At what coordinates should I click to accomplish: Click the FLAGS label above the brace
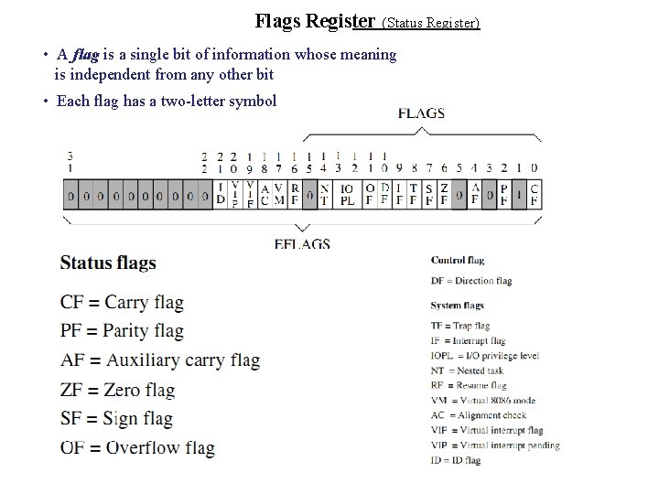[421, 113]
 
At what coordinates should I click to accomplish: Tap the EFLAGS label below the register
[301, 244]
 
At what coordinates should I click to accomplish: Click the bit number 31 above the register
[70, 162]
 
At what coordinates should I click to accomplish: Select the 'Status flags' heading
[108, 263]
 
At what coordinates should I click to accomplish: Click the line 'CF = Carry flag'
[122, 302]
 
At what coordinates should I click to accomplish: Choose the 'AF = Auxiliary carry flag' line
[160, 360]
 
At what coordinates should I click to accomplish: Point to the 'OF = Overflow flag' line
[137, 447]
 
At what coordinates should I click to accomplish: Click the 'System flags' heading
[457, 305]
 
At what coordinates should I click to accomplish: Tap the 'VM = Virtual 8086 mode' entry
[482, 400]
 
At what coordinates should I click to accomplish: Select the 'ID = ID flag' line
[455, 460]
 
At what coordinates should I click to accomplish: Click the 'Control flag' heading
[457, 261]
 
